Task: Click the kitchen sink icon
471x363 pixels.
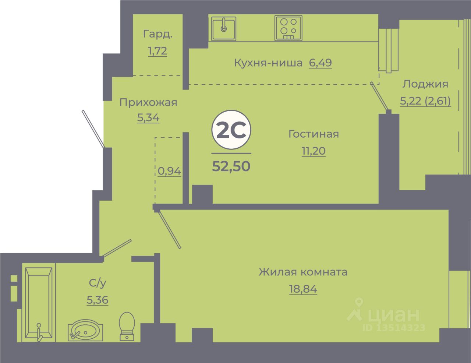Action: click(223, 28)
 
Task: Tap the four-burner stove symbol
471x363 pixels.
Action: click(288, 28)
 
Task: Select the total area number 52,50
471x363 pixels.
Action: click(231, 166)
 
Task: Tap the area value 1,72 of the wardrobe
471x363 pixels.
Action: click(157, 51)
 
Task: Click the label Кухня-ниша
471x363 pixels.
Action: click(268, 63)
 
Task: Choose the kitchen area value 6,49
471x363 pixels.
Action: click(320, 63)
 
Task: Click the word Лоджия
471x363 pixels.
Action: click(425, 84)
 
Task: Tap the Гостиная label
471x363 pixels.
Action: click(314, 134)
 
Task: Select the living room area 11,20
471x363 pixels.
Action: click(314, 151)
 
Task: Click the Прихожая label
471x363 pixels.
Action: click(148, 102)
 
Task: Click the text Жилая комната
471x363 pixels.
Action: click(303, 272)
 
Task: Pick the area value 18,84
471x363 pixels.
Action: click(303, 289)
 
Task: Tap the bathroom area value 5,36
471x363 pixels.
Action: click(98, 300)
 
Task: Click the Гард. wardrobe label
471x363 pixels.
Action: click(157, 34)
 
